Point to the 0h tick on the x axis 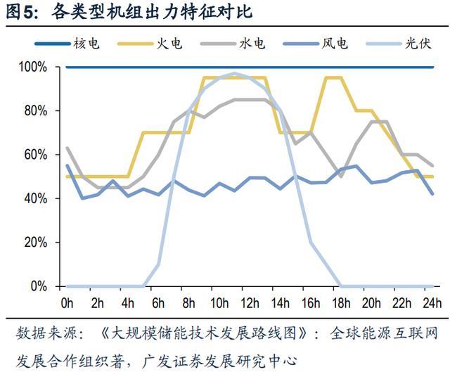(67, 303)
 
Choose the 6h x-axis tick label (159, 303)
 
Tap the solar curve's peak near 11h (235, 73)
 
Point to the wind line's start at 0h (67, 166)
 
